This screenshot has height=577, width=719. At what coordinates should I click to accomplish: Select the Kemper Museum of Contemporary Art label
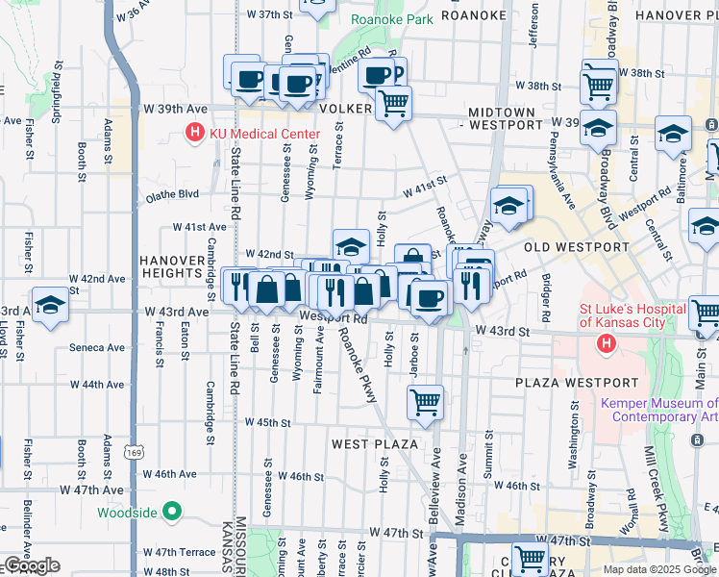point(659,411)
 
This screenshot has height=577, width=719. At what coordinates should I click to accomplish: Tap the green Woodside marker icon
point(172,512)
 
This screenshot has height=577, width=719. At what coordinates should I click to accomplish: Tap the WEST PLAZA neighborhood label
point(374,444)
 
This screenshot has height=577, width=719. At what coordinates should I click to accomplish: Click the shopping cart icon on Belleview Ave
point(425,401)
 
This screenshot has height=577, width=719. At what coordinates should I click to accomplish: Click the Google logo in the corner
point(31,565)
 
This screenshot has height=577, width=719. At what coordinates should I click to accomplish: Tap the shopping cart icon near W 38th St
point(599,85)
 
